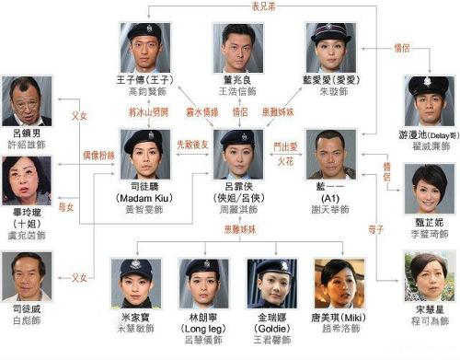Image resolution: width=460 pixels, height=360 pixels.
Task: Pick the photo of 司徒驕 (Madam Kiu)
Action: (144, 153)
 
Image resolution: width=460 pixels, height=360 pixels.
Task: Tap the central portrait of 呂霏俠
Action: (237, 153)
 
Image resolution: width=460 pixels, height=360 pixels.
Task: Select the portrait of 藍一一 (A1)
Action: (329, 153)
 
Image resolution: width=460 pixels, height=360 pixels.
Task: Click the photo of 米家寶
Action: (142, 281)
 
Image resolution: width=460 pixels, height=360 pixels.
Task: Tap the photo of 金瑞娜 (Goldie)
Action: (270, 281)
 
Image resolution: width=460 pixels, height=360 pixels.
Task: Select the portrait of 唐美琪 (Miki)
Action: (338, 281)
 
